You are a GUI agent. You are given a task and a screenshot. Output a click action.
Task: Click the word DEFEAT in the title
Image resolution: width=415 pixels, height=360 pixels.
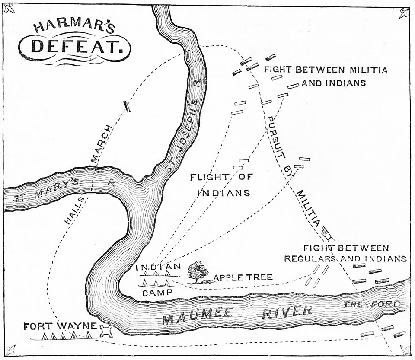click(x=75, y=46)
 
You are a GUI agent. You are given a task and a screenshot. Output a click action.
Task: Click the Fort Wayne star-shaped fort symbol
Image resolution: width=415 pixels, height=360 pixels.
click(x=105, y=331)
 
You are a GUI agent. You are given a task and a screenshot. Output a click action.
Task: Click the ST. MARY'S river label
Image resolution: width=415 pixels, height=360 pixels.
click(x=45, y=191)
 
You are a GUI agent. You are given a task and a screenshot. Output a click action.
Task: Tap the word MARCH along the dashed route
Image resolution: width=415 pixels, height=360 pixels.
click(x=101, y=144)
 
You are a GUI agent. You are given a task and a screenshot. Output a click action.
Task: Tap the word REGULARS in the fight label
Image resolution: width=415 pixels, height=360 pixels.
click(x=310, y=258)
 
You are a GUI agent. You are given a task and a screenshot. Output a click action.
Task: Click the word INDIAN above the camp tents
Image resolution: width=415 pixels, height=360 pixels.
click(x=156, y=267)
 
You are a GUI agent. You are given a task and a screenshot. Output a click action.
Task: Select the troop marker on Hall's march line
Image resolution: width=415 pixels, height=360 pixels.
click(x=127, y=106)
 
